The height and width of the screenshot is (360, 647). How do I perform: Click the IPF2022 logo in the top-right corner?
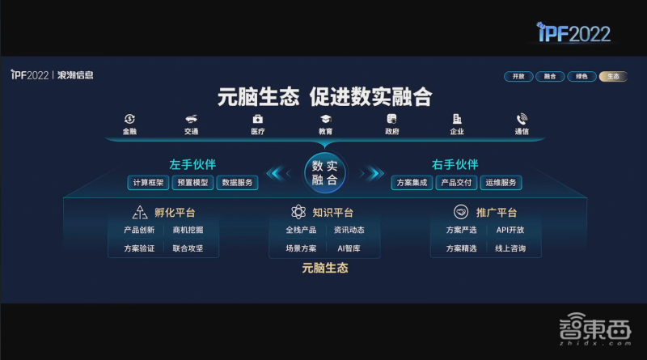574,32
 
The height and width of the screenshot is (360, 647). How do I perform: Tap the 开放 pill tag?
518,76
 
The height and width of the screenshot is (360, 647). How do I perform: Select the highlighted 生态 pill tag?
613,76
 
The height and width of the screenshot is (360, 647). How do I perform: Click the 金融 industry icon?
129,119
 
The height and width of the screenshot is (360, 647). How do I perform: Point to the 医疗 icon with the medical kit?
258,119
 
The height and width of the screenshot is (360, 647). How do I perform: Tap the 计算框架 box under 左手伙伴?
148,183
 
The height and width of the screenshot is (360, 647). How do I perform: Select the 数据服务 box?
237,183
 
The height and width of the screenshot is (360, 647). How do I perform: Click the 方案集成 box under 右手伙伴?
412,183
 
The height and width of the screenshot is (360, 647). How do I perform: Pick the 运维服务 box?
500,183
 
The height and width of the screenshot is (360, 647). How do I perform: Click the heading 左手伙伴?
192,164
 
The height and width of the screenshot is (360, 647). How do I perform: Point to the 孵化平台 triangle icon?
139,213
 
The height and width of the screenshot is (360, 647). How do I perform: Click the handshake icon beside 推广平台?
461,213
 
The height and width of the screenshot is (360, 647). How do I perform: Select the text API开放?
510,230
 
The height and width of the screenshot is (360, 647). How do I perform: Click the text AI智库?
349,248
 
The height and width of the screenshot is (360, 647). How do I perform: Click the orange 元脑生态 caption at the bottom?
324,268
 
